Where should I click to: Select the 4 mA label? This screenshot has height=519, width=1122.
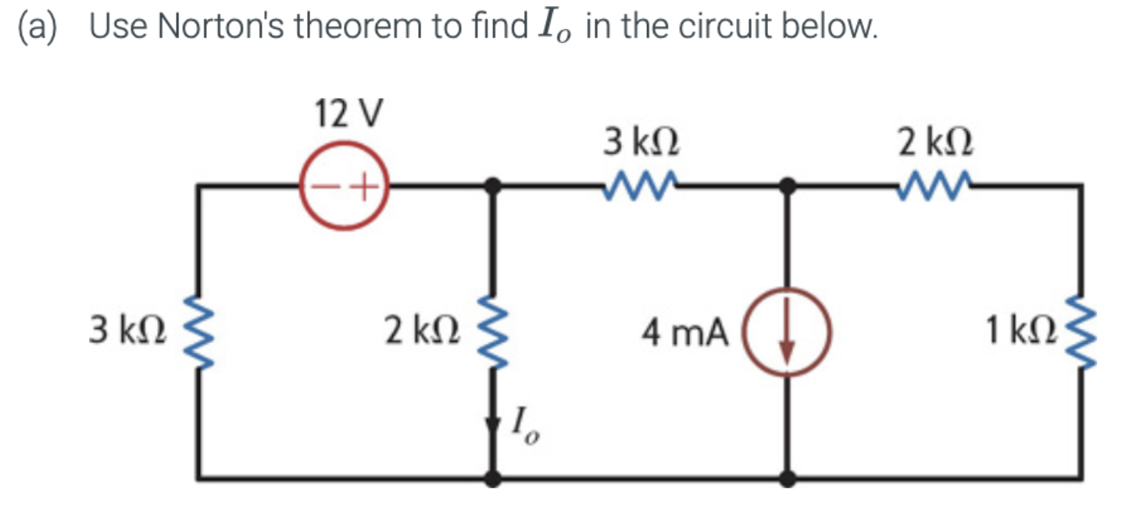pos(685,334)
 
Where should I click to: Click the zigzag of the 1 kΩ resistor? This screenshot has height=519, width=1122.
pos(1081,332)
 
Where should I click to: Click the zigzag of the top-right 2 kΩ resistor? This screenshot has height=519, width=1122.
pos(934,184)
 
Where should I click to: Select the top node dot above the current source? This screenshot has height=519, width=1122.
pos(788,186)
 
